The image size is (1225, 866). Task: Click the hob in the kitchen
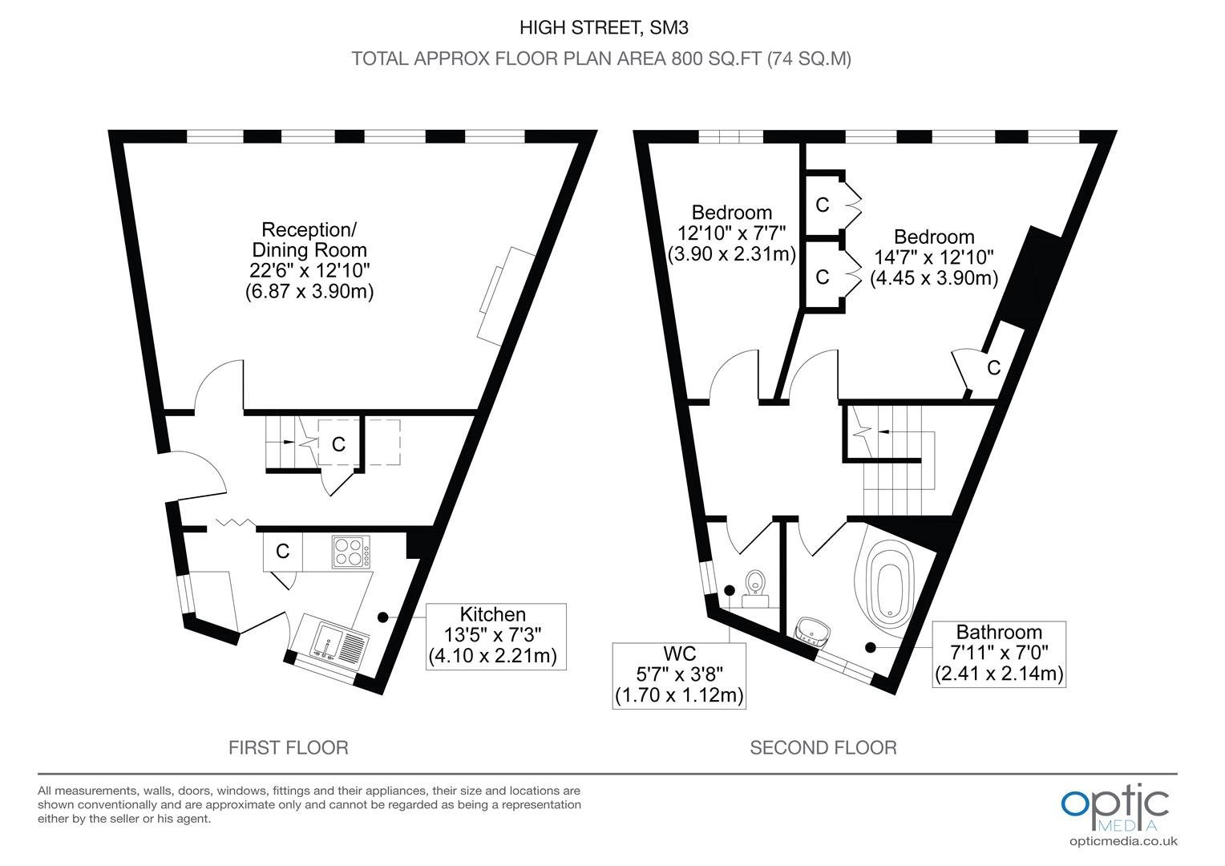pyautogui.click(x=350, y=552)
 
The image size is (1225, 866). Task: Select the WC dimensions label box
pyautogui.click(x=679, y=676)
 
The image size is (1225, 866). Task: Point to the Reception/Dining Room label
pyautogui.click(x=309, y=261)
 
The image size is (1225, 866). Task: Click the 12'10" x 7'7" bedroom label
pyautogui.click(x=732, y=233)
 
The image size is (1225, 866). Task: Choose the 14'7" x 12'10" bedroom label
pyautogui.click(x=934, y=257)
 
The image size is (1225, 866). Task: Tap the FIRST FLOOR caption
pyautogui.click(x=288, y=748)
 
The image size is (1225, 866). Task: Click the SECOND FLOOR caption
pyautogui.click(x=823, y=748)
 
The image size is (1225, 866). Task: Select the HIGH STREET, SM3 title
pyautogui.click(x=604, y=28)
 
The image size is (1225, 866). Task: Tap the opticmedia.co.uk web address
pyautogui.click(x=1123, y=841)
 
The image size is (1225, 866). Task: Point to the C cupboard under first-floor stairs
pyautogui.click(x=338, y=444)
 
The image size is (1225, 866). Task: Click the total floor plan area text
pyautogui.click(x=601, y=59)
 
